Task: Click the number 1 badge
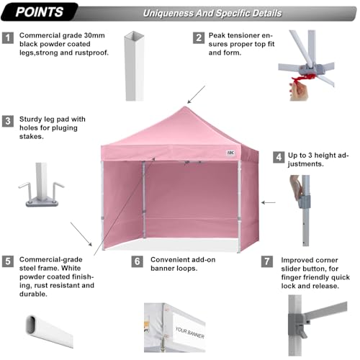(x=9, y=37)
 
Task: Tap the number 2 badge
(x=197, y=37)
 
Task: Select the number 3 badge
(x=9, y=122)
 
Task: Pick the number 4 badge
(x=278, y=156)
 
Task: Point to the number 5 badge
(x=9, y=261)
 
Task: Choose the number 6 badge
(x=137, y=261)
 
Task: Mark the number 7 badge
(x=269, y=261)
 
